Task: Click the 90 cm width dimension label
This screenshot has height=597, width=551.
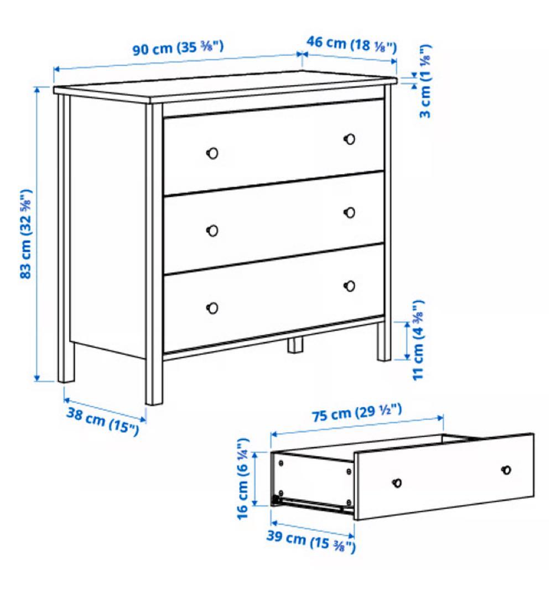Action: tap(178, 48)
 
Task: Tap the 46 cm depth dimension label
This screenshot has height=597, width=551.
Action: tap(352, 44)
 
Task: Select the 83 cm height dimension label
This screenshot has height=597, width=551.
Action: tap(26, 234)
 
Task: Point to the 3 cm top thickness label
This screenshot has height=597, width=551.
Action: tap(425, 81)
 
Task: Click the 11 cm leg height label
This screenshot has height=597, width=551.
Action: tap(418, 340)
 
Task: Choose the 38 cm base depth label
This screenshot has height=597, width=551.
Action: tap(103, 421)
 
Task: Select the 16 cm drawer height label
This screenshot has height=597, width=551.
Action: tap(243, 479)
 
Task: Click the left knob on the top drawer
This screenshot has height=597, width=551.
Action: tap(212, 153)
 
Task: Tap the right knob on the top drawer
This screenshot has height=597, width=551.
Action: tap(350, 139)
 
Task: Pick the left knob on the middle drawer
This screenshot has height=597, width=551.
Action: tap(212, 231)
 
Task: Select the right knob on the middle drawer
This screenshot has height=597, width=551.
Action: tap(350, 212)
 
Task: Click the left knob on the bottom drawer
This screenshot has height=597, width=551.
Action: tap(212, 308)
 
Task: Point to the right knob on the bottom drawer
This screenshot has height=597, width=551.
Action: tap(350, 286)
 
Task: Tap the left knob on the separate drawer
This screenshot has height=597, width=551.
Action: tap(397, 483)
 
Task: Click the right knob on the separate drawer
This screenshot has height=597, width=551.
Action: tap(506, 470)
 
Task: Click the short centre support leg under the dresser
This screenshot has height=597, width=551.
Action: tap(295, 344)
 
